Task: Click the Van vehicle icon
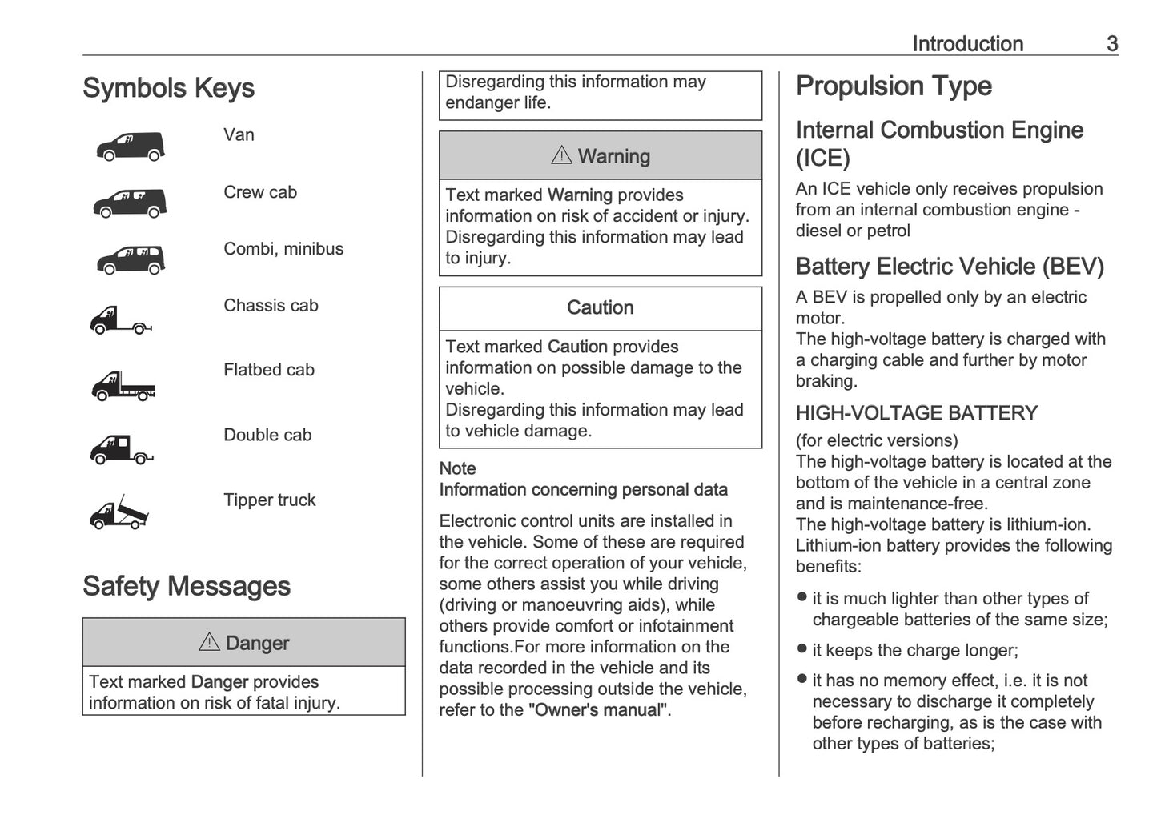(131, 147)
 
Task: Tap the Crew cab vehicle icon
(130, 203)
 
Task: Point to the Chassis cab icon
(120, 319)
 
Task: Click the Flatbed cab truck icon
(123, 386)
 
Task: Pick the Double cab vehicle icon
(121, 449)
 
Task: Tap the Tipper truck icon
(119, 512)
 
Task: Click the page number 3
(1111, 44)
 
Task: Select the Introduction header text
(967, 44)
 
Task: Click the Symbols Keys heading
(168, 88)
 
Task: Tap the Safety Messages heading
(186, 586)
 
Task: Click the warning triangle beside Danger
(209, 642)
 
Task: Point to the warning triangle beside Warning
(561, 155)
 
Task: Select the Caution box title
(600, 307)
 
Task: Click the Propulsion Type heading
(894, 86)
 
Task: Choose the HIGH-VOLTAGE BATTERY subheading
(916, 413)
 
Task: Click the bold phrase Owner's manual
(598, 709)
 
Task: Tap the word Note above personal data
(457, 468)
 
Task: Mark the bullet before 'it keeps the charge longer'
(802, 648)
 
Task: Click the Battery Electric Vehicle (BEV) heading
(950, 267)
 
